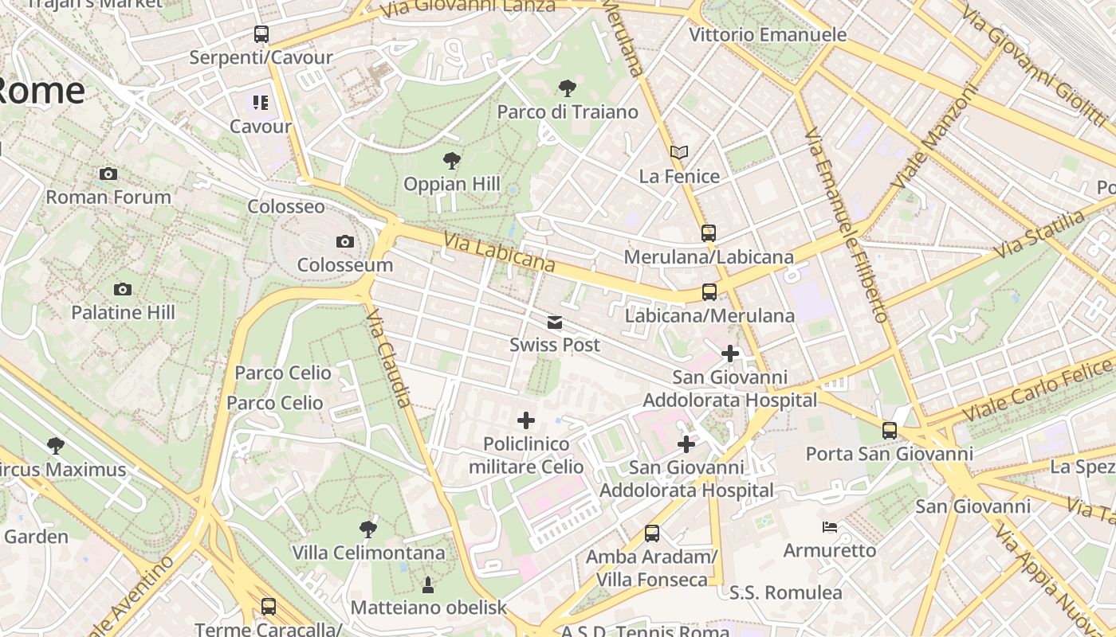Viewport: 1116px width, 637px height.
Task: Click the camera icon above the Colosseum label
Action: pos(345,241)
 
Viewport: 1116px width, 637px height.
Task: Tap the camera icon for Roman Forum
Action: pos(108,174)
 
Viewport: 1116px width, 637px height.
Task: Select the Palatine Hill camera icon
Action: pos(123,289)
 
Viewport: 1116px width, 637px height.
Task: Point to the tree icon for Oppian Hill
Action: pos(452,161)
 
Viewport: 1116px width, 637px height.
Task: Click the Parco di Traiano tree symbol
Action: pos(568,88)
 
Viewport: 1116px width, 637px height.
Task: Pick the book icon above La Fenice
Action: pos(679,152)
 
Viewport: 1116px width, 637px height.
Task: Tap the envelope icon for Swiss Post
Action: pos(555,322)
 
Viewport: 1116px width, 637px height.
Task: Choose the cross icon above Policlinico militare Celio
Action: pos(526,420)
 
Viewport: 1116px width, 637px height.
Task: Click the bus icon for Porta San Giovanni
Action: pos(890,431)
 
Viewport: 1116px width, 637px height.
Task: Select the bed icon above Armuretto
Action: pos(830,527)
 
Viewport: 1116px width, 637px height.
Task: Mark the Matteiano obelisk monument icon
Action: pos(428,585)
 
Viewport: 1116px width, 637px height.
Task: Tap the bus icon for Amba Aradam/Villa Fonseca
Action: pos(652,533)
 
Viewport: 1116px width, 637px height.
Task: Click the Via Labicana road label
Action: pos(499,251)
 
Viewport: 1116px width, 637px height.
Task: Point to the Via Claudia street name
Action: pos(390,358)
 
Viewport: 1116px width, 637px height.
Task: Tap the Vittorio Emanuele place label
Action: pos(768,35)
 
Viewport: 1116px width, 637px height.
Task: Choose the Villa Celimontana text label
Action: pos(368,553)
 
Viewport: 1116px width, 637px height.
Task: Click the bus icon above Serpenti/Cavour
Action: pos(261,34)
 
